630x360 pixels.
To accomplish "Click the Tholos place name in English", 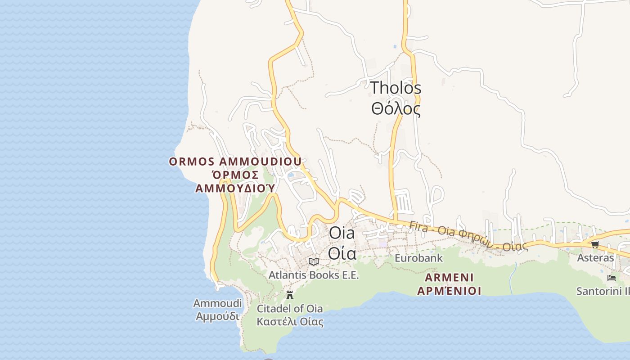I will pos(396,88).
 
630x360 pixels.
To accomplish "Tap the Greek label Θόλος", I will pos(396,109).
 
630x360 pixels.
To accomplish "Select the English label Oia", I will pos(342,233).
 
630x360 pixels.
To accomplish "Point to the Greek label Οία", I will pos(342,253).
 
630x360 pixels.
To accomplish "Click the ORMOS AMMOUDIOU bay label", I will pos(235,162).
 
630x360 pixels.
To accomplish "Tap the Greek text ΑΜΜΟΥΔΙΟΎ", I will pos(235,188).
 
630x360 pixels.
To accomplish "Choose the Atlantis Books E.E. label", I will pos(314,275).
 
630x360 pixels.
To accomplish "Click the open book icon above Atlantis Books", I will pos(314,261).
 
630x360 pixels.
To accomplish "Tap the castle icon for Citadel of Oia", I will pos(290,295).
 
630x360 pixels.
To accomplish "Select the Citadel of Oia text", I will pos(290,309).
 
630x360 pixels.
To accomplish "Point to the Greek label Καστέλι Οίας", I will pos(290,322).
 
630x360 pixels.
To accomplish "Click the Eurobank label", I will pos(418,258).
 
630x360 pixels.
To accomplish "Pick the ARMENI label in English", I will pos(449,278).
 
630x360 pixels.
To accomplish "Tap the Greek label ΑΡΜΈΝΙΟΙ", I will pos(449,291).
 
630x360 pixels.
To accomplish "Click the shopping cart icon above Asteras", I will pos(595,244).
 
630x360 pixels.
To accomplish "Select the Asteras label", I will pos(595,258).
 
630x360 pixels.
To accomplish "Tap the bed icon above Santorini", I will pos(611,278).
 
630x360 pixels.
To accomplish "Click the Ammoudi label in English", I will pos(217,303).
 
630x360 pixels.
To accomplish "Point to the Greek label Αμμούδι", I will pos(217,316).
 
